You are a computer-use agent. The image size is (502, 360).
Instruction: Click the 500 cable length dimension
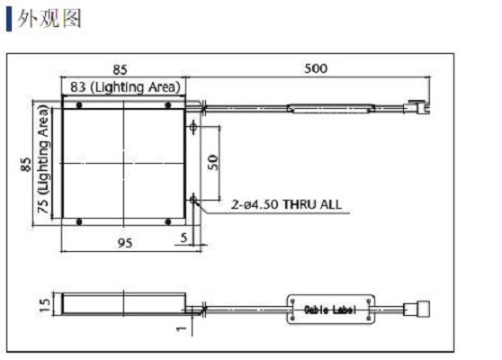(316, 68)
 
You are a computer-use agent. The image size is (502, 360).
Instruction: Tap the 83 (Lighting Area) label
(126, 87)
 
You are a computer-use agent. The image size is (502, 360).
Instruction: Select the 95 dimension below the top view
(125, 243)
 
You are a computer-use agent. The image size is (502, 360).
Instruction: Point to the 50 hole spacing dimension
(213, 162)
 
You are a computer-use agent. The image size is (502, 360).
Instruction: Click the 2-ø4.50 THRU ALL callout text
(286, 204)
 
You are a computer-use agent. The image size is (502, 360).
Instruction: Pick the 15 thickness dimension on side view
(44, 304)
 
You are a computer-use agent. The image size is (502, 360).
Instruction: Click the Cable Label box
(330, 310)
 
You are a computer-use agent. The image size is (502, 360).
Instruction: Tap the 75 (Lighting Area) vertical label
(43, 159)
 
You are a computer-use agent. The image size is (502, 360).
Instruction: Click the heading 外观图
(49, 18)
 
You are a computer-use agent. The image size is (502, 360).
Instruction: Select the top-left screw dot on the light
(79, 105)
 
